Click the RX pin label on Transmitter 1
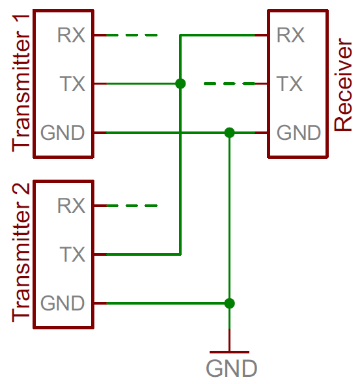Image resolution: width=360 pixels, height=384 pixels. coord(71,35)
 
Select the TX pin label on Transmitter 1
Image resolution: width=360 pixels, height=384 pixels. coord(72,84)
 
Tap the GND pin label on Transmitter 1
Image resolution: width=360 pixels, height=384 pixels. coord(62,133)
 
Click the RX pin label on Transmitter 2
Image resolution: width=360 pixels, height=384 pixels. coord(71,206)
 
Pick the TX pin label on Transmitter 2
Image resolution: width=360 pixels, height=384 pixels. coord(72,254)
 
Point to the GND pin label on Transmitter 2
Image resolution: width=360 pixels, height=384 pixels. coord(62,303)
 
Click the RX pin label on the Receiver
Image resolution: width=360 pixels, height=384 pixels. coord(291,35)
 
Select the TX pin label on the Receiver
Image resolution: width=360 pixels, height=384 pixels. coord(290,84)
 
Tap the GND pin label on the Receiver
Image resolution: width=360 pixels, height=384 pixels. coord(299,133)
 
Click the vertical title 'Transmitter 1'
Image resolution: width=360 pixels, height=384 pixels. coord(21,83)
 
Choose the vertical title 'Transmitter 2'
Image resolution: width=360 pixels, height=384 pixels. coord(21,253)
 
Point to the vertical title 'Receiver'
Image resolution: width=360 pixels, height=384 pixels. coord(343,85)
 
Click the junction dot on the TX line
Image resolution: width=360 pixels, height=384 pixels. coord(180,84)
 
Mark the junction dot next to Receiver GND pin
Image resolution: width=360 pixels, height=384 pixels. coord(229,133)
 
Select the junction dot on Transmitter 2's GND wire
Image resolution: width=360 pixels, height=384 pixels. coord(229,303)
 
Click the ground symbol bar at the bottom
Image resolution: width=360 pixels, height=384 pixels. coord(229,352)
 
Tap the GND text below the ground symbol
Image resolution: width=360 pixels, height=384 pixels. coord(232,368)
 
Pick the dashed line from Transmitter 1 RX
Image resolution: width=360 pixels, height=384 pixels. coord(132,35)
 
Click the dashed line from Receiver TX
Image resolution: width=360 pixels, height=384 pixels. coord(229,84)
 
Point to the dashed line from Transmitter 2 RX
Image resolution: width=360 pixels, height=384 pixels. coord(132,206)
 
